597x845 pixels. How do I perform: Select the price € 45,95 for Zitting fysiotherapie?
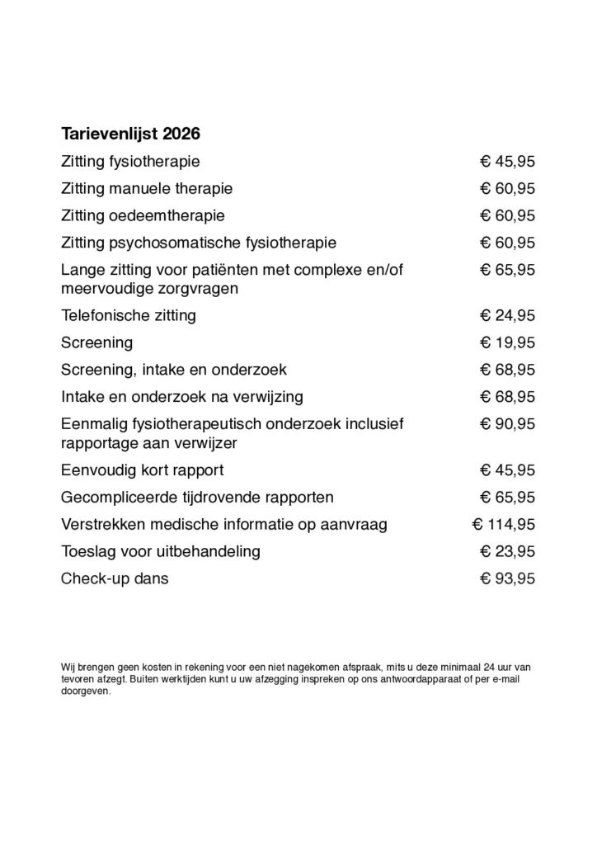point(508,161)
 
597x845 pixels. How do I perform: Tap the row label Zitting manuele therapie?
point(147,188)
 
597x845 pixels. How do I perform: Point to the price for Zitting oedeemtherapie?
point(508,215)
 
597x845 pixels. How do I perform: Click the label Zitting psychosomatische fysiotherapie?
point(199,243)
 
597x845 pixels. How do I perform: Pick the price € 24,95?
point(508,314)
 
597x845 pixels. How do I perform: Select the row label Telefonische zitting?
point(129,314)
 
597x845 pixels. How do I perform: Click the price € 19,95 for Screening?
point(508,342)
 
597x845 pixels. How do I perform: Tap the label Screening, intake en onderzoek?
point(174,369)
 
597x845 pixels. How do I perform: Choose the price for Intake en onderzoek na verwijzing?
point(508,396)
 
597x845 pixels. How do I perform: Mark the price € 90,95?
point(508,423)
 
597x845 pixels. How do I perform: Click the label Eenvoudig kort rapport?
point(143,470)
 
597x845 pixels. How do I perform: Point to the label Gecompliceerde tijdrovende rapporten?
point(186,498)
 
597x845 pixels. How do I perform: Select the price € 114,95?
point(503,524)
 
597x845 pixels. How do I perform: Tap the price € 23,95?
point(508,551)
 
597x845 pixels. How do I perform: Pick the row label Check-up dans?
point(115,578)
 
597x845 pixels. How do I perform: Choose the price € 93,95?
point(508,578)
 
